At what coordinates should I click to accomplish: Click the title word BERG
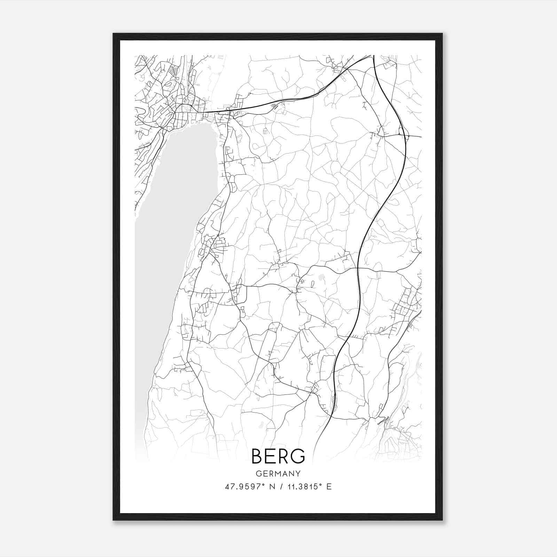pyautogui.click(x=278, y=456)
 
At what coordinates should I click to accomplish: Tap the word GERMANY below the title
pyautogui.click(x=278, y=474)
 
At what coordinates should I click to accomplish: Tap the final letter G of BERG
pyautogui.click(x=298, y=456)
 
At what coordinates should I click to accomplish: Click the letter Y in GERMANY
pyautogui.click(x=298, y=474)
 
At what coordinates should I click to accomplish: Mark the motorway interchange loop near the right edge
pyautogui.click(x=403, y=132)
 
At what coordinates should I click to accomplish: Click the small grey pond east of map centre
pyautogui.click(x=321, y=277)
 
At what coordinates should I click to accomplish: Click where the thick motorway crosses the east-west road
pyautogui.click(x=358, y=268)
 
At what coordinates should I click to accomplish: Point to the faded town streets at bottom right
pyautogui.click(x=400, y=442)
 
